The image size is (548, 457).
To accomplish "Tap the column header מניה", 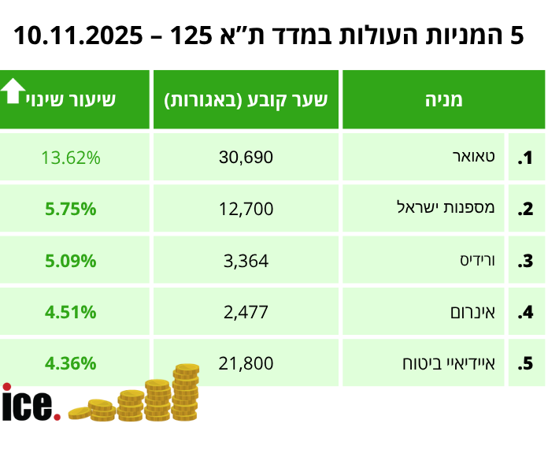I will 442,100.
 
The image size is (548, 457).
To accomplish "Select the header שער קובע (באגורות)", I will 246,100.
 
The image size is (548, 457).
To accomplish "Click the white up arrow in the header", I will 13,91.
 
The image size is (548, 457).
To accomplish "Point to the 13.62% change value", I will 71,158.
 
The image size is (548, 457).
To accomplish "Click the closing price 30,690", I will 246,158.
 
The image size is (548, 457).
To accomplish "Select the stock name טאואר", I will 479,158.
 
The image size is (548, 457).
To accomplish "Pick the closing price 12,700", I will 246,209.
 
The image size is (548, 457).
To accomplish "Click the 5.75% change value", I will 71,209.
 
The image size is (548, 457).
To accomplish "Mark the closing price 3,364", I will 246,261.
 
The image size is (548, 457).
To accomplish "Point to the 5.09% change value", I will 71,261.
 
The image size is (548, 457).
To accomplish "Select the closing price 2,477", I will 246,312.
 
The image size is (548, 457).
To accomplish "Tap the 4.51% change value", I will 71,312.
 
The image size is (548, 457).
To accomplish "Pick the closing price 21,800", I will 246,364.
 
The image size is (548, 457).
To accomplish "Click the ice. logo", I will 30,403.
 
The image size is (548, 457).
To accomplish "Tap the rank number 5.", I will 525,365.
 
